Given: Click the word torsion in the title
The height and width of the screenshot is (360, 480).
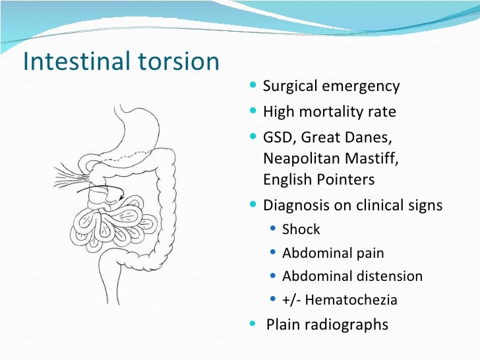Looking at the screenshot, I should tap(179, 61).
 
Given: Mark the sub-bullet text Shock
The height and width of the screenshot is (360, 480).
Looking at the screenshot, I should tap(301, 229).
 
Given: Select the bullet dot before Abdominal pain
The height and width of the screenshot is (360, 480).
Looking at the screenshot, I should tap(274, 253).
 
